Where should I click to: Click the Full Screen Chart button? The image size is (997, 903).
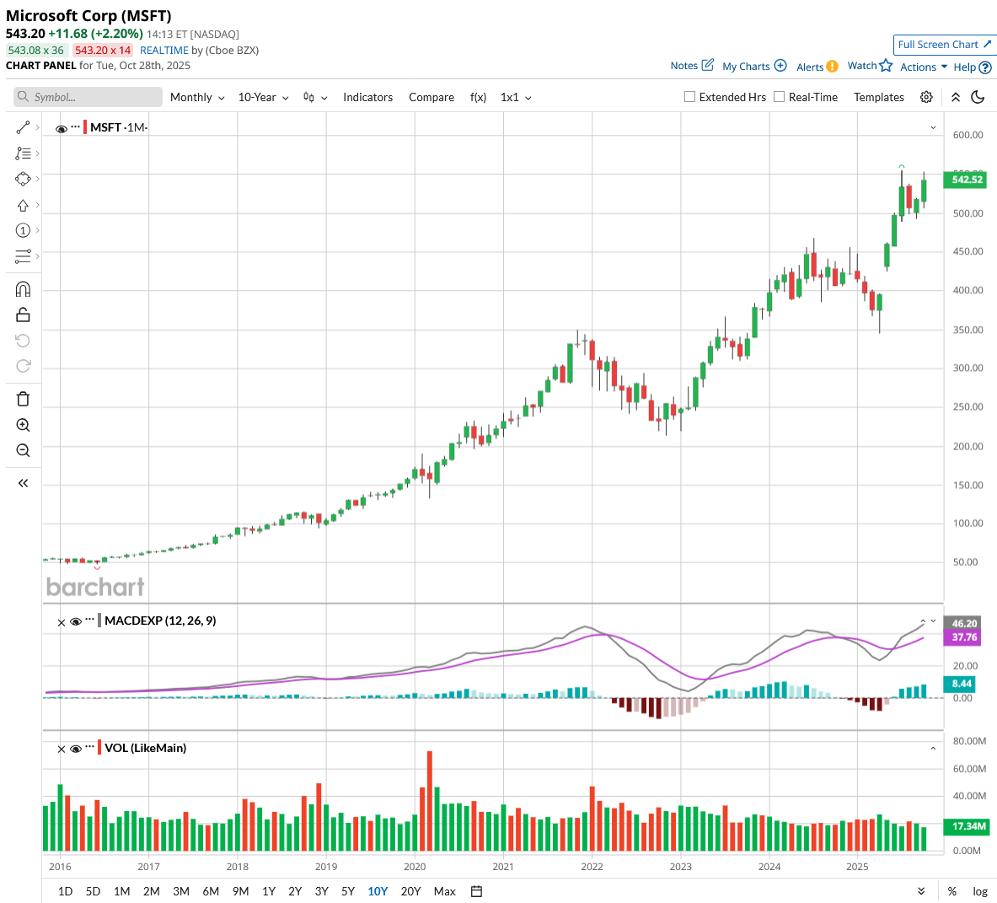coord(945,45)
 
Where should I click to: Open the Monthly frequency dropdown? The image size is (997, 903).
coord(197,98)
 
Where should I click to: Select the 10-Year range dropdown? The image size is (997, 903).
coord(263,98)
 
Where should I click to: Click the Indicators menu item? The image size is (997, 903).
coord(367,98)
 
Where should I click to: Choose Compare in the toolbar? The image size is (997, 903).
coord(431,98)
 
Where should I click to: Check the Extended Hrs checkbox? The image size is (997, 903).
coord(690,97)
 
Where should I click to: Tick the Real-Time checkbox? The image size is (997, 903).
coord(780,97)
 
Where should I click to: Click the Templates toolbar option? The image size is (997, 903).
coord(878,98)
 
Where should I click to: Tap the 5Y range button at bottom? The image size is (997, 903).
coord(348,891)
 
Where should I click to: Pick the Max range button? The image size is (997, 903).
coord(444,891)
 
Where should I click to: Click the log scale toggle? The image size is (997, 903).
coord(980,891)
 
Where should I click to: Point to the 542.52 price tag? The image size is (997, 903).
coord(967,180)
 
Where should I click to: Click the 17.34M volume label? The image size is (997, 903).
coord(968,826)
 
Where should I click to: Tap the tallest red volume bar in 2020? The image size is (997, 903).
coord(430,801)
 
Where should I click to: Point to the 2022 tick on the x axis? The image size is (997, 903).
coord(592,867)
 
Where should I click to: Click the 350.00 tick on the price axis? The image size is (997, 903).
coord(968,330)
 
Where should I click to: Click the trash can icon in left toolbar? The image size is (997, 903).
coord(23,399)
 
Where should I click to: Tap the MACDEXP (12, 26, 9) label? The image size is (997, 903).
coord(160,621)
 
